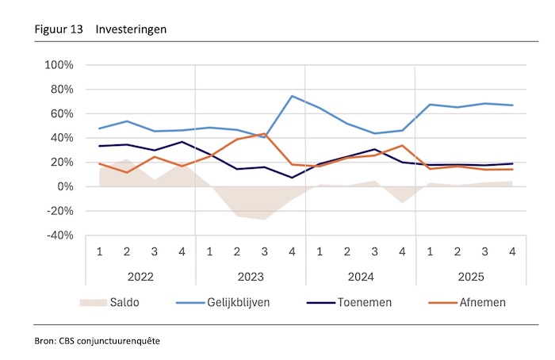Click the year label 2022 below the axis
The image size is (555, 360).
[140, 278]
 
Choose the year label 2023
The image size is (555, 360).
[250, 278]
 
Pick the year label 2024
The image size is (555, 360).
[360, 278]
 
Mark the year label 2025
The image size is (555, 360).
[469, 278]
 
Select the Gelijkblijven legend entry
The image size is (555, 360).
[247, 302]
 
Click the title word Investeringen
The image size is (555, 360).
[132, 29]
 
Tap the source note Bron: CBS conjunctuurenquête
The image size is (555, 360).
[101, 340]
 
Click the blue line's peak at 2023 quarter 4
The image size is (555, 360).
[291, 96]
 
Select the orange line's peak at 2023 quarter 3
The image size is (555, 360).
[264, 134]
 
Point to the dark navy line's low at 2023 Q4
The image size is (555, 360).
[291, 178]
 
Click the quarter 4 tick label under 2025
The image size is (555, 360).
[511, 252]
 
